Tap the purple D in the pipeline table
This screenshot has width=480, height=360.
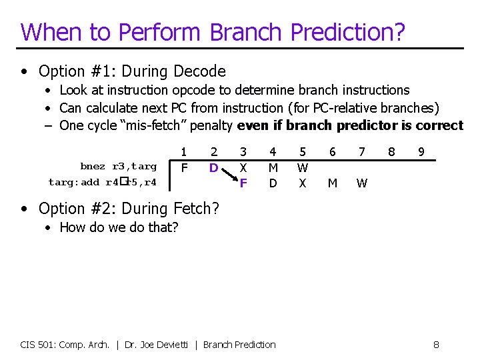(213, 168)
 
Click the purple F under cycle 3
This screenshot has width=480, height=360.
(243, 182)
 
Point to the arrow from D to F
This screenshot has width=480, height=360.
(228, 175)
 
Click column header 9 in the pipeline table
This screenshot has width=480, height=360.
(421, 153)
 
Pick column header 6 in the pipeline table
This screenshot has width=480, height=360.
(332, 153)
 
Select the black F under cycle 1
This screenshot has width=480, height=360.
(184, 167)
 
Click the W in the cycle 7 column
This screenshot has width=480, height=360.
(361, 183)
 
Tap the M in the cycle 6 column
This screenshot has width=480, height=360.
(332, 183)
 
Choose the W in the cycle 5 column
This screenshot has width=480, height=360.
(303, 168)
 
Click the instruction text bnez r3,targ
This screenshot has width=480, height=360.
(119, 167)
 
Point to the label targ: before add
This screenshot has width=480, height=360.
(65, 182)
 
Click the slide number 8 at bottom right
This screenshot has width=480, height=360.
(435, 345)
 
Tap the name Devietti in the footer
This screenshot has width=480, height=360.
(173, 345)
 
